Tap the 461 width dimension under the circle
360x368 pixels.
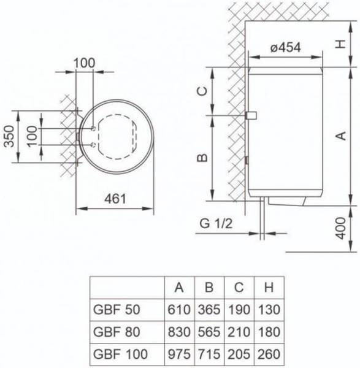[x=115, y=198]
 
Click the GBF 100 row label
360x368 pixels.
[x=119, y=354]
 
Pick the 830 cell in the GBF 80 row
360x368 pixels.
[x=178, y=331]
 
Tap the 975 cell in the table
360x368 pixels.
[x=178, y=354]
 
